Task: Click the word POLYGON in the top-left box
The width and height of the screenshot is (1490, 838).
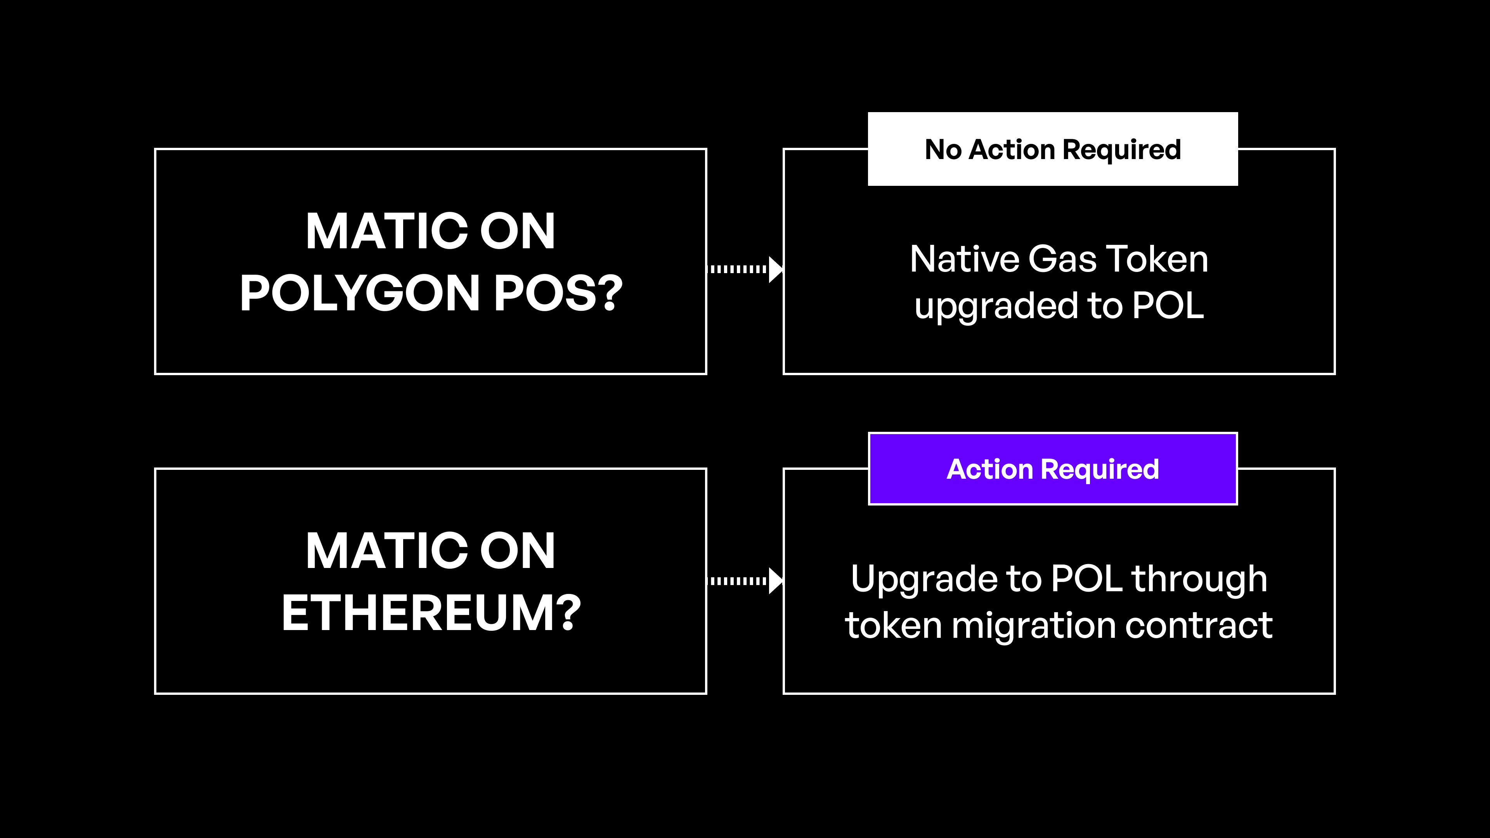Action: click(359, 293)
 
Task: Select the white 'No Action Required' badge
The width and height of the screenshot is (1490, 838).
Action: click(1052, 149)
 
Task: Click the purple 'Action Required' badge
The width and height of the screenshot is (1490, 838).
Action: click(1052, 469)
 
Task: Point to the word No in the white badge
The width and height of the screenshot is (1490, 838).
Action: click(943, 150)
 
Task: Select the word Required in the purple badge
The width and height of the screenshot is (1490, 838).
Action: click(1100, 469)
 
